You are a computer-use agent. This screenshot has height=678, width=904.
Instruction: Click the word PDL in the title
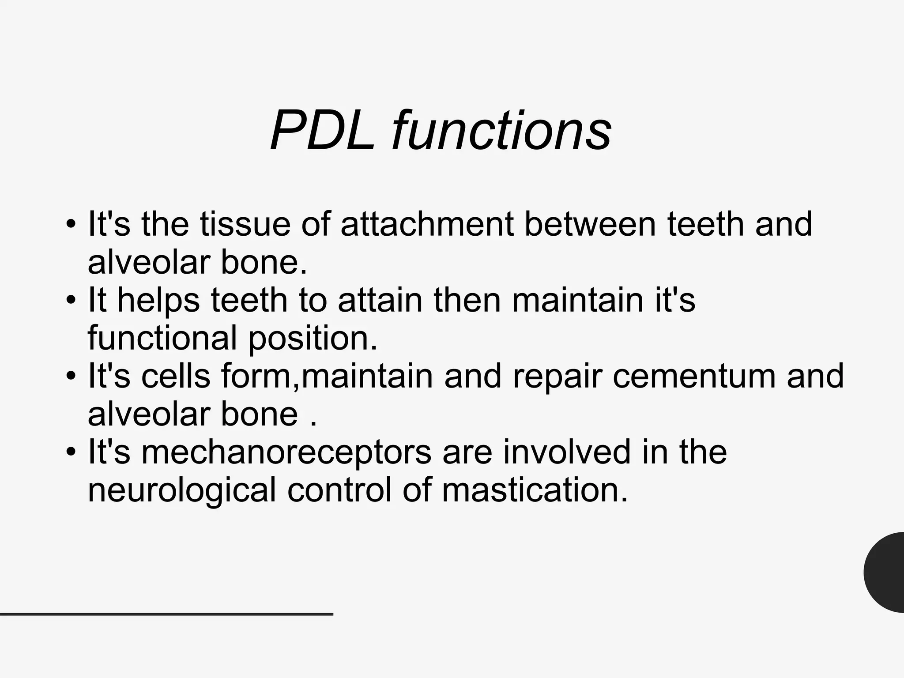(323, 131)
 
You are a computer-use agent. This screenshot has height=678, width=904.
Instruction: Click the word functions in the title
(501, 131)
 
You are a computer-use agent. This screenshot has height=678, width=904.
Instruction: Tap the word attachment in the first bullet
(427, 224)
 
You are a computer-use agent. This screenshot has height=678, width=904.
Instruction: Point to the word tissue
(245, 224)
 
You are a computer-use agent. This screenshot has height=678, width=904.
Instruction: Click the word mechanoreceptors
(286, 452)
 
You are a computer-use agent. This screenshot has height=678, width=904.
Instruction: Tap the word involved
(566, 452)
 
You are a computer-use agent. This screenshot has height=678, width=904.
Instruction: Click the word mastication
(535, 490)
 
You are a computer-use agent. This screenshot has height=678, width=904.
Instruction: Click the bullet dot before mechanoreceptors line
(71, 453)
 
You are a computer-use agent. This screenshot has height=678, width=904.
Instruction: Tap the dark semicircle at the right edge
(885, 572)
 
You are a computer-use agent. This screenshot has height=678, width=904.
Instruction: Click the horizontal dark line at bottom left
(166, 614)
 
